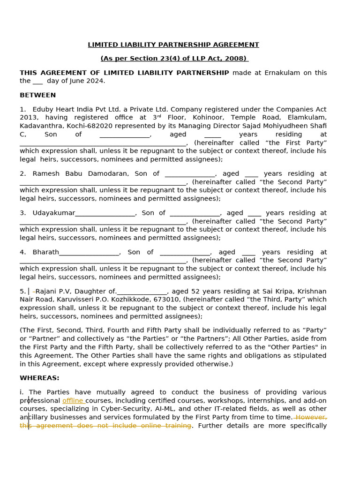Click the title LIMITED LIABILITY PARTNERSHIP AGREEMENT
pos(173,45)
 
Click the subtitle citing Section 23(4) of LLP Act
pos(173,59)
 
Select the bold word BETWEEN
pos(37,95)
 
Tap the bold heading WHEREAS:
pos(39,378)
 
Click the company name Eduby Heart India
pos(64,109)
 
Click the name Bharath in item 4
pos(45,252)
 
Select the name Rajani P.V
pos(53,291)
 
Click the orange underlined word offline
pos(73,401)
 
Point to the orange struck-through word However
pos(311,417)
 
